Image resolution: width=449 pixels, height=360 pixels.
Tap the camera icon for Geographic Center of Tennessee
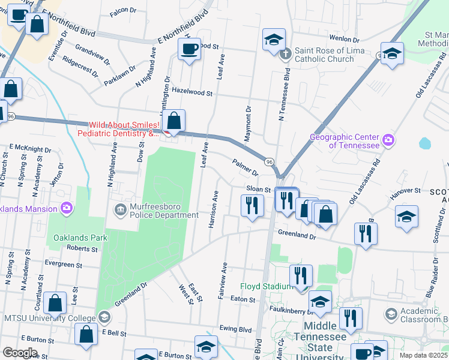tap(388, 140)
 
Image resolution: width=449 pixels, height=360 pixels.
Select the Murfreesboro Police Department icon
tap(120, 209)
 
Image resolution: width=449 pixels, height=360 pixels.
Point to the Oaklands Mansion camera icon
tap(66, 209)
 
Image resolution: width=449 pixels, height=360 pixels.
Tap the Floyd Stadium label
tap(266, 286)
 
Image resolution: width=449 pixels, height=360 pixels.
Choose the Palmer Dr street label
tap(245, 167)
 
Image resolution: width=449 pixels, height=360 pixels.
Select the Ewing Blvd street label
tap(235, 329)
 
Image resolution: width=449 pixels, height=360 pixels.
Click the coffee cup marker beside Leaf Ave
tap(190, 49)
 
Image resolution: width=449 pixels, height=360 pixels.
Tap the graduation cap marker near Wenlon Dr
tap(274, 40)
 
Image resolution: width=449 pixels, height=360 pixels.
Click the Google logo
tap(20, 352)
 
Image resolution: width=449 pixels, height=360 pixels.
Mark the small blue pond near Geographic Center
tap(425, 143)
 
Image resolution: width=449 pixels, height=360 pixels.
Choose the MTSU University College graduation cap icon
tap(104, 317)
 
